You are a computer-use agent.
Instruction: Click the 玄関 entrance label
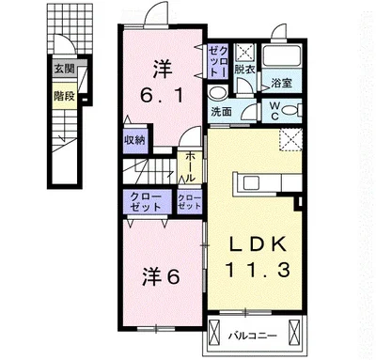click(65, 69)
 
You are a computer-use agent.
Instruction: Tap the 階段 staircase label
click(65, 96)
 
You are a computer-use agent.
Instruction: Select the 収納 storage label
click(135, 140)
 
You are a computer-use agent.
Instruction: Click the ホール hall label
click(190, 167)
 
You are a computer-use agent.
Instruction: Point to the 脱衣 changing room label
click(244, 70)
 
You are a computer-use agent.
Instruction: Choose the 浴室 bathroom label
click(282, 83)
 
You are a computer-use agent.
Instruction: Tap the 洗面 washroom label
click(221, 112)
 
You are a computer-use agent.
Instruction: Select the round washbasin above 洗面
click(217, 93)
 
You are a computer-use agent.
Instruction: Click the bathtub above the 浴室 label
click(282, 55)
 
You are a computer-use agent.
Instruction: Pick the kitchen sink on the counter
click(251, 182)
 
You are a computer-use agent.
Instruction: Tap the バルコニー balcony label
click(253, 337)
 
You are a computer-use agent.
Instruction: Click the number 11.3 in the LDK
click(257, 270)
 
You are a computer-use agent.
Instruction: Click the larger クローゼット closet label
click(146, 202)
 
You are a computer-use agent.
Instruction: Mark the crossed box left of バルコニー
click(214, 332)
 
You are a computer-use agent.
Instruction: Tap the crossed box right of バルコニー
click(294, 332)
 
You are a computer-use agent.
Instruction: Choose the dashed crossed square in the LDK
click(290, 139)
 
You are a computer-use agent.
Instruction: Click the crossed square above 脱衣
click(244, 52)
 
